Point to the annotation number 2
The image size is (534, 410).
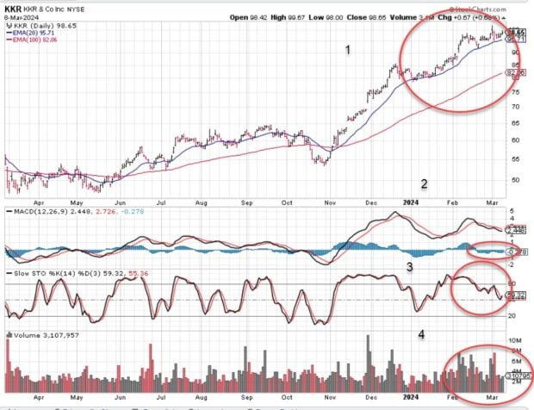click(x=423, y=183)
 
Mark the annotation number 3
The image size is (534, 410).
click(x=410, y=267)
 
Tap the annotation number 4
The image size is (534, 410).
click(x=421, y=333)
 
